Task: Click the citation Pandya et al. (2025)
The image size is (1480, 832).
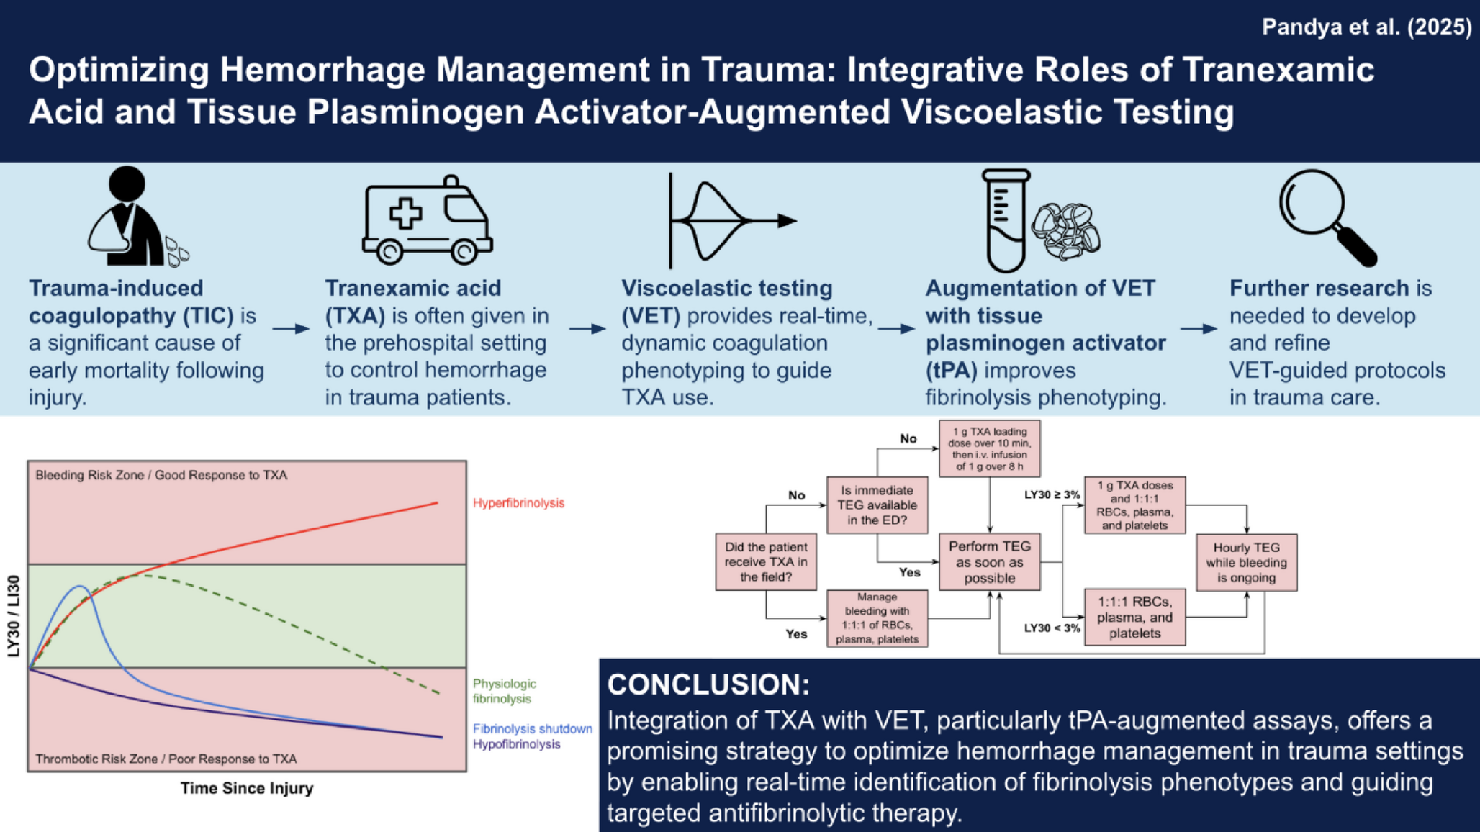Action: [1366, 27]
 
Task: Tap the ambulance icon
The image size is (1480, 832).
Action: [427, 220]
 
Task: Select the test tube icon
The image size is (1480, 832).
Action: [1006, 220]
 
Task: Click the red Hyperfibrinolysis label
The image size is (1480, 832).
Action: [518, 503]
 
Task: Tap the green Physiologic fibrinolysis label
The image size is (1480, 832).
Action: [504, 691]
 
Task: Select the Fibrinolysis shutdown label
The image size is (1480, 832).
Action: [532, 728]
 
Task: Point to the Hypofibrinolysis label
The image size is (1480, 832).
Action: [516, 744]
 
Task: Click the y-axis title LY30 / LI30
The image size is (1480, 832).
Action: [14, 616]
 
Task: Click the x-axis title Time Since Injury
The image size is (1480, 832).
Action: [246, 788]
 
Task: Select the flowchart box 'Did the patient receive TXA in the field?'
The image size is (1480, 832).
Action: [766, 562]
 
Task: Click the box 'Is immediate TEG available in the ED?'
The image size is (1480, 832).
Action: [877, 505]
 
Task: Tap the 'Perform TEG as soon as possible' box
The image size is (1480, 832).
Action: [989, 562]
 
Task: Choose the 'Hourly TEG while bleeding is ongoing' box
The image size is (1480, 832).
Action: [1246, 563]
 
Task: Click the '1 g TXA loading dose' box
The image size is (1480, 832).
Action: [989, 449]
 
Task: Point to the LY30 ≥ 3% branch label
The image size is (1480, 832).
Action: [1052, 495]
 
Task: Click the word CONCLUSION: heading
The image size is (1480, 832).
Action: [708, 684]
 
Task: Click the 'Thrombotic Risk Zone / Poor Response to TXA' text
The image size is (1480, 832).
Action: [166, 759]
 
